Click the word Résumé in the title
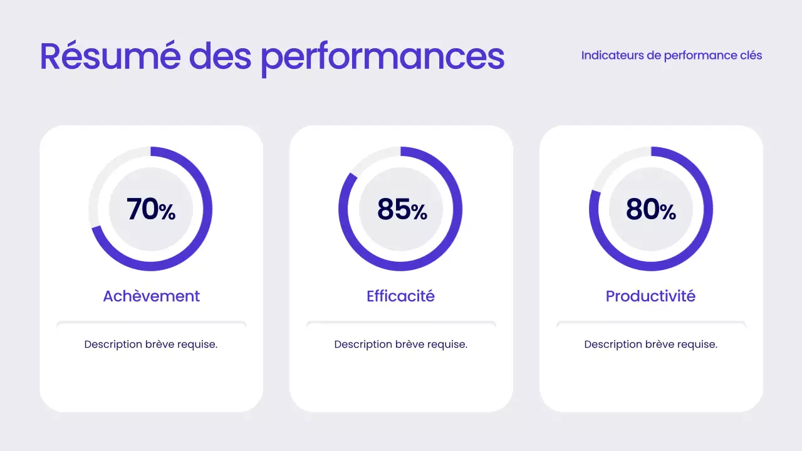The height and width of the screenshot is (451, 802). coord(109,56)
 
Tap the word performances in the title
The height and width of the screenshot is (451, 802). coord(382,58)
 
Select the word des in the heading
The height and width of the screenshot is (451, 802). coord(220,56)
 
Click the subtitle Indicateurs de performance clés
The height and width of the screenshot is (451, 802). coord(671,55)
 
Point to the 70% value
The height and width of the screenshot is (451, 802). coord(150,209)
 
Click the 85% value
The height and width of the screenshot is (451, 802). coord(401,209)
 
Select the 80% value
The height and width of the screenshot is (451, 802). coord(651,209)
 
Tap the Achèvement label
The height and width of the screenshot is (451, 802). coord(151,296)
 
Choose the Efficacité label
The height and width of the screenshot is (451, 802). coord(400,296)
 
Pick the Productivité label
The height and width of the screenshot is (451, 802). coord(650,296)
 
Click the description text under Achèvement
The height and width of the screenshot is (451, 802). coord(151,344)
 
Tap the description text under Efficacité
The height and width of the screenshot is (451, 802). coord(401,344)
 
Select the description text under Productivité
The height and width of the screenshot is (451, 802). coord(651,344)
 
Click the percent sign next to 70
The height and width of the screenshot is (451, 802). coord(167,212)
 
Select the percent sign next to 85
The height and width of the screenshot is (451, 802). coord(419,212)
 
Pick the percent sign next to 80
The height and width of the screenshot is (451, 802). coord(668,212)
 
